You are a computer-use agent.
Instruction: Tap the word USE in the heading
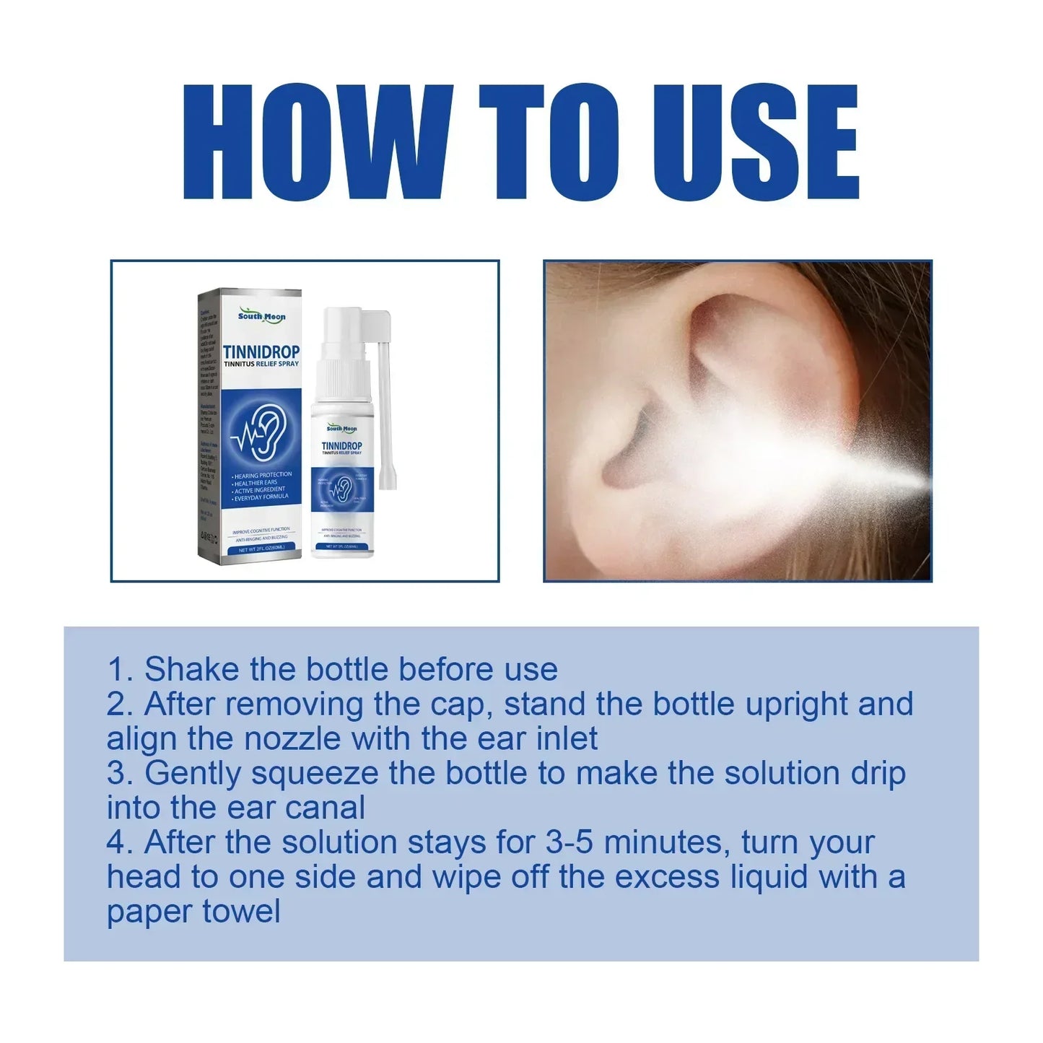(x=755, y=141)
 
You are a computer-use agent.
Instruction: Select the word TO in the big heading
(x=549, y=141)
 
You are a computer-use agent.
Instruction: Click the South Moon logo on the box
(x=261, y=316)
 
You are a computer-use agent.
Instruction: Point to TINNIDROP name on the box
(x=261, y=352)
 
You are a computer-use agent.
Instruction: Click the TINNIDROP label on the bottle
(x=341, y=445)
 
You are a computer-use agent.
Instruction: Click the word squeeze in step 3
(x=314, y=773)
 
